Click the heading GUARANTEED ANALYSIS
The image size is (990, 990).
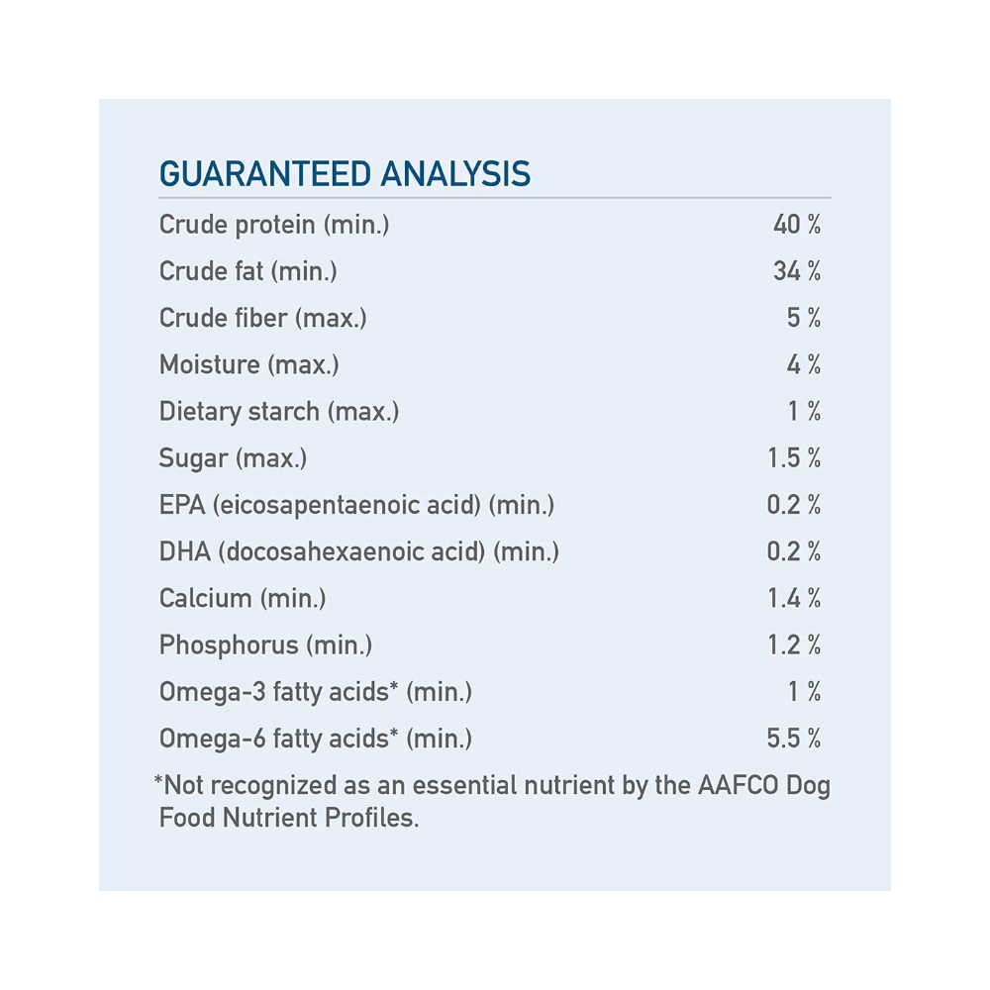tap(345, 174)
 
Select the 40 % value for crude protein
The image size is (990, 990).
tap(797, 225)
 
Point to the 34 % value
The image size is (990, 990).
tap(797, 271)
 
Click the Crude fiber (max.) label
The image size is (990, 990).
tap(262, 318)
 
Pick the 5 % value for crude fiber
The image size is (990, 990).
tap(804, 318)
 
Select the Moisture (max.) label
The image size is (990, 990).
tap(248, 364)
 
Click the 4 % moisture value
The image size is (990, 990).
tap(804, 364)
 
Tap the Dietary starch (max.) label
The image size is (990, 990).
tap(278, 411)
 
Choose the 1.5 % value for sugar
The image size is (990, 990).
tap(794, 458)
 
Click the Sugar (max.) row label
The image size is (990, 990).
tap(233, 458)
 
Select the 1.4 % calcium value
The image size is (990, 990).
tap(794, 598)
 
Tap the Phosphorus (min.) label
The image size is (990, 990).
tap(265, 645)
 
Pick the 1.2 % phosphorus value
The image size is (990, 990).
tap(794, 645)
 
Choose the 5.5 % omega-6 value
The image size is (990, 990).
tap(794, 739)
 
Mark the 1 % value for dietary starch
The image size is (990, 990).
tap(805, 411)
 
